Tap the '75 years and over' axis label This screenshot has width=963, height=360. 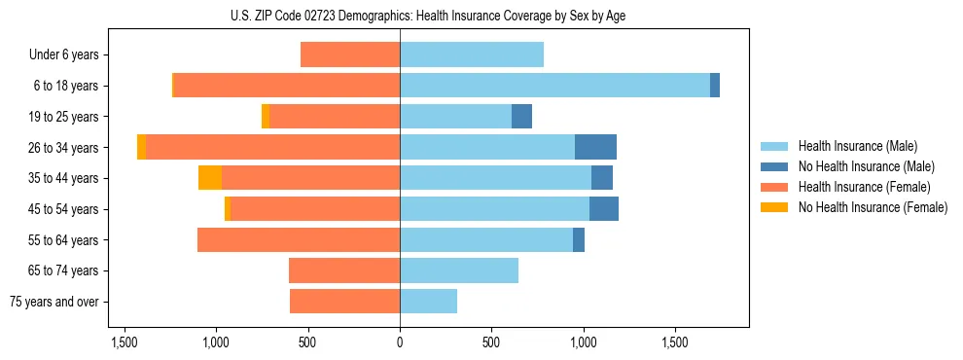[53, 302]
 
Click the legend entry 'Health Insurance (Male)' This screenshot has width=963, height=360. [857, 146]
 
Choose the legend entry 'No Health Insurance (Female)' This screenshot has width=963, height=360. [873, 207]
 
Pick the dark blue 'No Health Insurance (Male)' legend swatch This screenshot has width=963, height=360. [774, 166]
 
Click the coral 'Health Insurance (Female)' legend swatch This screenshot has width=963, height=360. [774, 187]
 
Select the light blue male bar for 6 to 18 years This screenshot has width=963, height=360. [554, 86]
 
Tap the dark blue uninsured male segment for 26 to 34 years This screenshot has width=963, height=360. [595, 147]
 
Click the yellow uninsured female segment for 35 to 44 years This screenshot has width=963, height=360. [210, 178]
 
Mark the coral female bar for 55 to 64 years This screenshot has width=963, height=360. [299, 239]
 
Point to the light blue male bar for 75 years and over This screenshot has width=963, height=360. [428, 302]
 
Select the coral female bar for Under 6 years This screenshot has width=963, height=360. [350, 54]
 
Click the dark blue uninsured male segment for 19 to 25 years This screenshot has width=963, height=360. [521, 117]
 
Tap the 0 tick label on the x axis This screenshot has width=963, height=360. [400, 343]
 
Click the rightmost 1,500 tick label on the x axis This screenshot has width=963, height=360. [676, 343]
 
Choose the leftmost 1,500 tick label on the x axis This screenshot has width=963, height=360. [124, 343]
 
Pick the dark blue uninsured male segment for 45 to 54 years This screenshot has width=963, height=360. [604, 209]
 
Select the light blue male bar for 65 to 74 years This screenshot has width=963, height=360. [459, 270]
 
